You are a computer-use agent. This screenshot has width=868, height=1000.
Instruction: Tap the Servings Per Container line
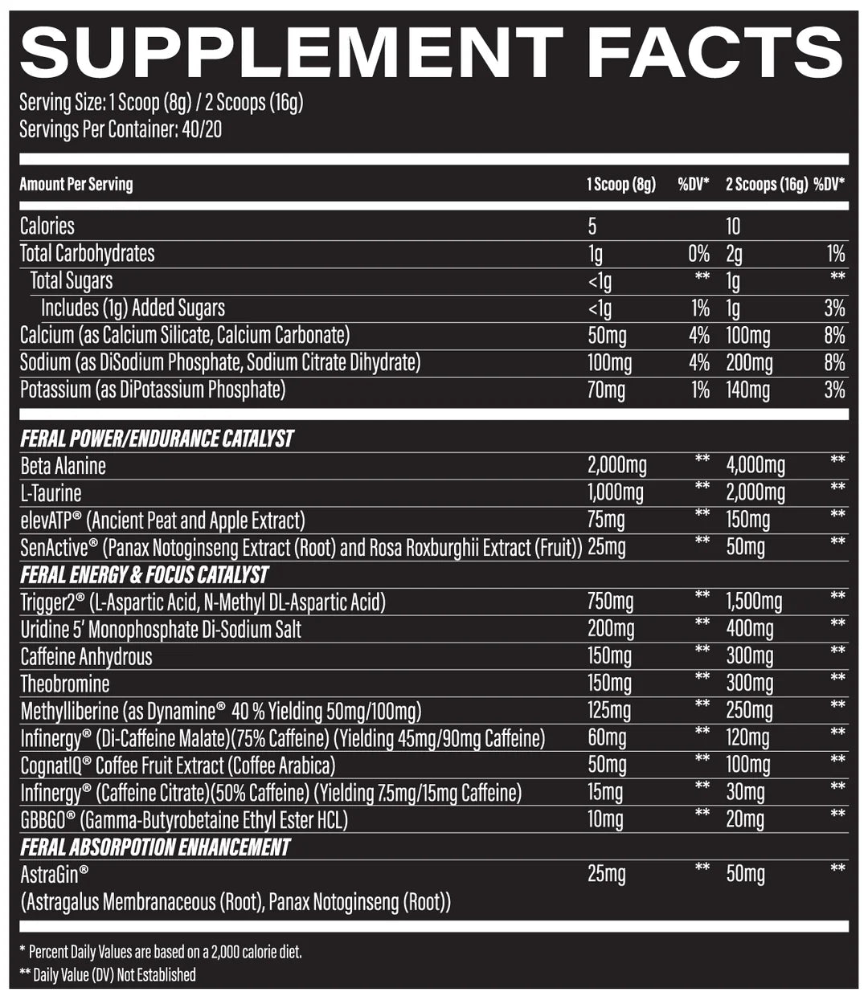121,129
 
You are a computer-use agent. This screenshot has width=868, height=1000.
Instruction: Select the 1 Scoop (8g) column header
620,185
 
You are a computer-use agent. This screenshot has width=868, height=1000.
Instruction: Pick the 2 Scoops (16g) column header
766,185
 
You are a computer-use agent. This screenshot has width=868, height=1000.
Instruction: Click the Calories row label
47,226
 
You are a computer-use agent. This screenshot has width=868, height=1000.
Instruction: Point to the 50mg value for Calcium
608,336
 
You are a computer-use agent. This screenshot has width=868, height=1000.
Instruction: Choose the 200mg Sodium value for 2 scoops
749,363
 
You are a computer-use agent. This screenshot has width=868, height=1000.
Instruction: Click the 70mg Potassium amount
606,390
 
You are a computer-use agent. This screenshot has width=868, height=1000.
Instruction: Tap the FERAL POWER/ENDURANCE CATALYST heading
157,439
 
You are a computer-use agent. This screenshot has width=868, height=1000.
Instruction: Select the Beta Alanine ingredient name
63,466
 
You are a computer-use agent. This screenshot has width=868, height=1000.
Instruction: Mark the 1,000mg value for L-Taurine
616,492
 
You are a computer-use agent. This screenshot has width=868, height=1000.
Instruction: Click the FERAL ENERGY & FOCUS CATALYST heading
144,575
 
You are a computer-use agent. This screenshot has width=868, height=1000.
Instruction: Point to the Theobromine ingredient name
65,684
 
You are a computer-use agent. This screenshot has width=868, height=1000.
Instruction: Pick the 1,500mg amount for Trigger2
754,602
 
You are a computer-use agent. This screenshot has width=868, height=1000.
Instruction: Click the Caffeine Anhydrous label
86,657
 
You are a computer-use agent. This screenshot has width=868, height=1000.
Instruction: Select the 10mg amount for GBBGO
605,820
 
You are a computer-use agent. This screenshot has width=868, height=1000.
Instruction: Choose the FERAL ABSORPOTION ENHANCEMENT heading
155,847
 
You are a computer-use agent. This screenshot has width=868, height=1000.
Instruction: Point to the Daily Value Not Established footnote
107,975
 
